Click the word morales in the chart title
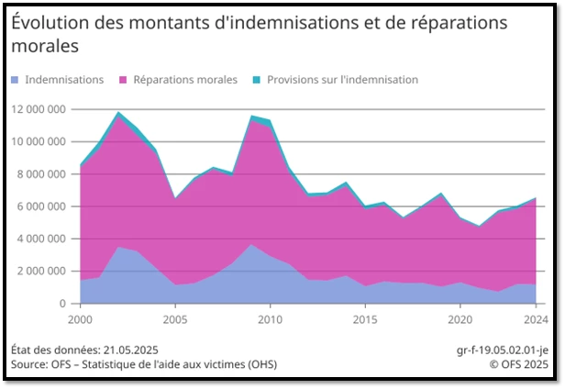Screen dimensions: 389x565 [x=44, y=45]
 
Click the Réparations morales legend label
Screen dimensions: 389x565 [x=184, y=80]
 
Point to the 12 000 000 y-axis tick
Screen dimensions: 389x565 [x=39, y=110]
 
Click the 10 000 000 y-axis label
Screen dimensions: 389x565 [x=39, y=142]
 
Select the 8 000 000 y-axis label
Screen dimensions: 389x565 [x=41, y=174]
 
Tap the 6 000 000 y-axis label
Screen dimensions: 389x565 [x=41, y=206]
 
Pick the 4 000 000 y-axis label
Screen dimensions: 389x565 [x=41, y=239]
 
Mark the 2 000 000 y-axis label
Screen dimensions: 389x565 [x=41, y=271]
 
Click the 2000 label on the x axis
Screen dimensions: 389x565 [x=81, y=319]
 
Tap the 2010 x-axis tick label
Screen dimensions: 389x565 [x=269, y=319]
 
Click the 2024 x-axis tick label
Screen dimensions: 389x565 [x=536, y=319]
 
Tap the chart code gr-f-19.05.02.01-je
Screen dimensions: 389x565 [x=503, y=350]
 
